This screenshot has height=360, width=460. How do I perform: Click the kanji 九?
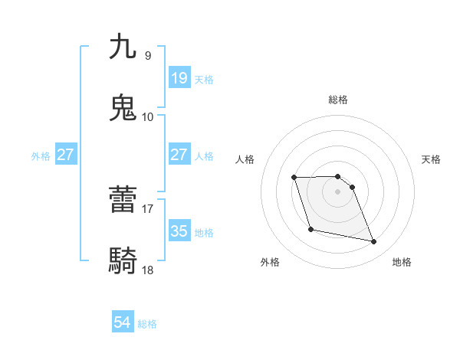123,47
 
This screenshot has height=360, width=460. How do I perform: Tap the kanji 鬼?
123,108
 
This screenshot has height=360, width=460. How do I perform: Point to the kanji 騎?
123,261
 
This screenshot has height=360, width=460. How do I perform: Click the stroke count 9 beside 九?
147,55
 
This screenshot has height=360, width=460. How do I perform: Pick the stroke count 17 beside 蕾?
147,208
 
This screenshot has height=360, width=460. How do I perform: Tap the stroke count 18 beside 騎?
147,270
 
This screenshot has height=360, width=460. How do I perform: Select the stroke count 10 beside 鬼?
147,116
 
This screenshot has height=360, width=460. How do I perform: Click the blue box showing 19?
179,78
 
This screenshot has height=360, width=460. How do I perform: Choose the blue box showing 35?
179,231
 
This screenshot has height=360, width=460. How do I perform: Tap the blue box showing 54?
123,322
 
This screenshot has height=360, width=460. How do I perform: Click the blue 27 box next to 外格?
65,155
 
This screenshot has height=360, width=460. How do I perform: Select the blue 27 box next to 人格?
179,155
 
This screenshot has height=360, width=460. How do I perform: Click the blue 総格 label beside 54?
147,324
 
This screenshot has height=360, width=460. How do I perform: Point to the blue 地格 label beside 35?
204,232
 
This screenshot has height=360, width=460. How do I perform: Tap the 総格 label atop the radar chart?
338,100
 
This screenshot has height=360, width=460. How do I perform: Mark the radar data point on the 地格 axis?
374,242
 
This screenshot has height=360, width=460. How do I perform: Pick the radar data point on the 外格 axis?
310,229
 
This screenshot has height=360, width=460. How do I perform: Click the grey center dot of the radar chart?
338,191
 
